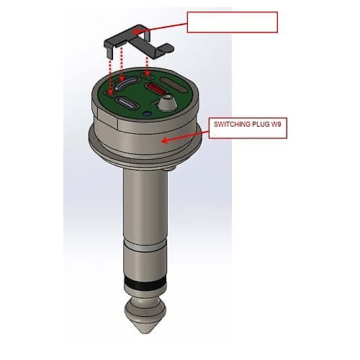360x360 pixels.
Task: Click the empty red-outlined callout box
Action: [232, 22]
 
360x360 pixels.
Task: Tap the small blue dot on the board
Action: [147, 113]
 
